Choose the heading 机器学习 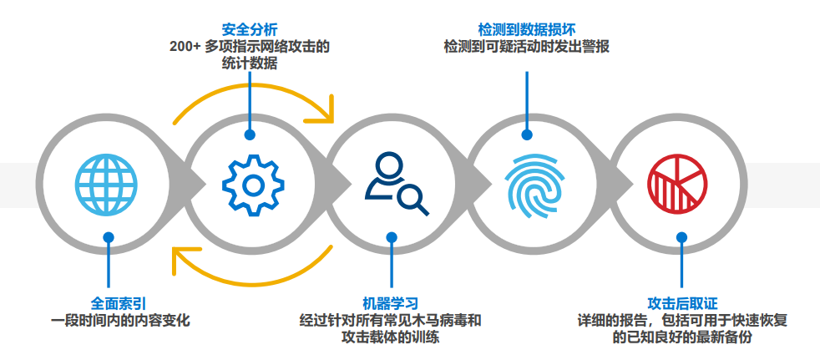point(390,302)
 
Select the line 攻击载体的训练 point(390,337)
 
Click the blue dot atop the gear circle point(250,134)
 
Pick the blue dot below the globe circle point(108,237)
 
